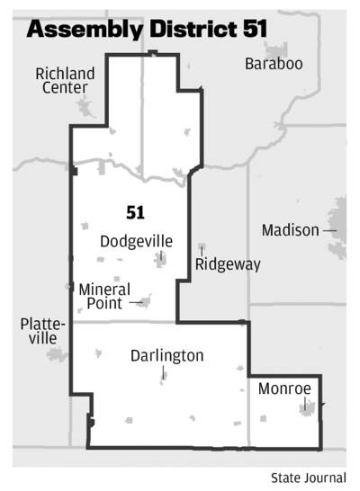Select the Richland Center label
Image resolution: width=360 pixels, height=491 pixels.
point(61,80)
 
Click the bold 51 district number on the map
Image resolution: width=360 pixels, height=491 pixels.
point(135,212)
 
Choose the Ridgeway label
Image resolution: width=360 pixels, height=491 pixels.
point(228,264)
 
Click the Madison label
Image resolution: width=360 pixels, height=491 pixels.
point(290,230)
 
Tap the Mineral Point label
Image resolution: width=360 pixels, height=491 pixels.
point(104,296)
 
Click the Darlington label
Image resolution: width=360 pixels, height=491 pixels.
point(166,355)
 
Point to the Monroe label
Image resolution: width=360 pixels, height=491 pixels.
point(283,388)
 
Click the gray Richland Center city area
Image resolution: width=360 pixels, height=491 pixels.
point(87,107)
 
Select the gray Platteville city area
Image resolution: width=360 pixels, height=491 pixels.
point(57,353)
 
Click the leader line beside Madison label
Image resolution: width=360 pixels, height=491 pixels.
point(329,230)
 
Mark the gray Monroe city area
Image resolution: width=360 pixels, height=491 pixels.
point(305,409)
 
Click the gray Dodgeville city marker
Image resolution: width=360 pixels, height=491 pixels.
point(161,261)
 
